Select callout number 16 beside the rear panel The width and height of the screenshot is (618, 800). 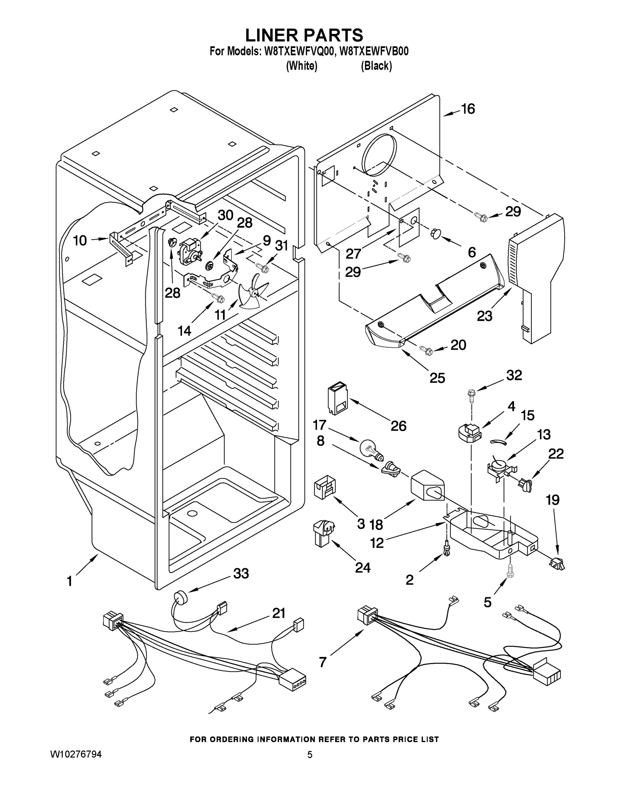point(468,109)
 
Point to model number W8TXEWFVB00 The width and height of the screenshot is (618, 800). point(374,52)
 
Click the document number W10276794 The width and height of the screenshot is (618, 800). point(76,755)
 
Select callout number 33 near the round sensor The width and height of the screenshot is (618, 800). point(241,574)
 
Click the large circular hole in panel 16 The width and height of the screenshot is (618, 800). point(379,153)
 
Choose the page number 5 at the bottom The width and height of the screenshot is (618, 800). point(310,755)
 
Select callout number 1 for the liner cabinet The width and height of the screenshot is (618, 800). point(70,581)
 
